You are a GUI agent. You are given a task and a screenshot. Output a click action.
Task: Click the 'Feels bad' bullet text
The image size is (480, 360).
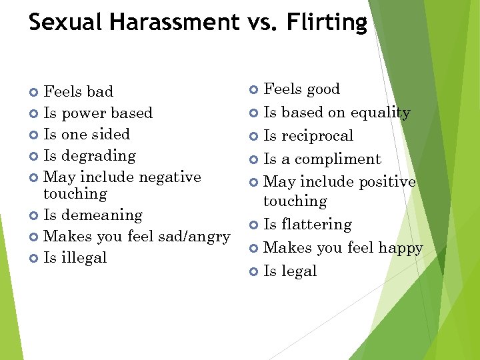tap(78, 91)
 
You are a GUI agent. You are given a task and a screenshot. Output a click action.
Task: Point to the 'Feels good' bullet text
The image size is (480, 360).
tap(301, 89)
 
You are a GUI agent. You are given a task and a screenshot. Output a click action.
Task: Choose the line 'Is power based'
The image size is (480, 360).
tap(97, 113)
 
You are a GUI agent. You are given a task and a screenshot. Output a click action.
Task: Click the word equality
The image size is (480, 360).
tap(380, 113)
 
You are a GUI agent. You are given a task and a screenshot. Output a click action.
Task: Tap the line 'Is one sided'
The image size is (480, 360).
tap(87, 134)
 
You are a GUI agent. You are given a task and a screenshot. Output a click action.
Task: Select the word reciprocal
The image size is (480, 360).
tap(317, 136)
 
